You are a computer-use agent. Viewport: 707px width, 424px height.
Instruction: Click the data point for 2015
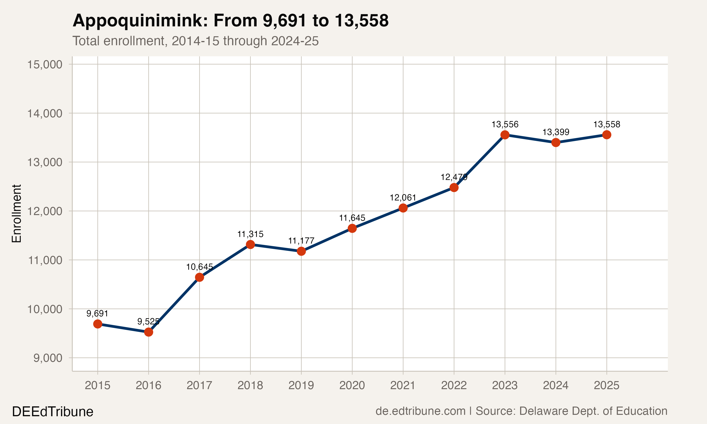tap(98, 324)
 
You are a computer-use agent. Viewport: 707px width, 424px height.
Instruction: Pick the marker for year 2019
tap(301, 251)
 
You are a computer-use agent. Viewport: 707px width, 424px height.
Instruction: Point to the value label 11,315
tap(250, 234)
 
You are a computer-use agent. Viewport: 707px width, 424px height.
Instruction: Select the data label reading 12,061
tap(403, 198)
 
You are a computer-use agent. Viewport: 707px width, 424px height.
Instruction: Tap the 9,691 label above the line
tap(98, 314)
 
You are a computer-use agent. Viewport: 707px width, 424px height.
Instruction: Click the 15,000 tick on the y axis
tap(45, 65)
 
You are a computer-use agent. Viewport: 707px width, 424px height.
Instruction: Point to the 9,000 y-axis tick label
tap(48, 358)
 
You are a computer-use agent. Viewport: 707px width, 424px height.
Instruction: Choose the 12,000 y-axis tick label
tap(45, 212)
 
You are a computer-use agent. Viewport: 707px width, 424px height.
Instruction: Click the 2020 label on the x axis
tap(352, 385)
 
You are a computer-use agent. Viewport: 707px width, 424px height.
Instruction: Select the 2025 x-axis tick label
tap(606, 385)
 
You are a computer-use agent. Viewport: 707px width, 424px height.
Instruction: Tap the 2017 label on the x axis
tap(199, 385)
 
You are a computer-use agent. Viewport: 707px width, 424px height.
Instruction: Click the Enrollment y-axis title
tap(16, 214)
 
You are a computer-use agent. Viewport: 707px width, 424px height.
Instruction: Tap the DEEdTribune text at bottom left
tap(53, 412)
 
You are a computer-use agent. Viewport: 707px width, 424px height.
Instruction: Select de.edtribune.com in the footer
tap(420, 411)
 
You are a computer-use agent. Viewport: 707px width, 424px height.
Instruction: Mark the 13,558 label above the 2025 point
tap(607, 124)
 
